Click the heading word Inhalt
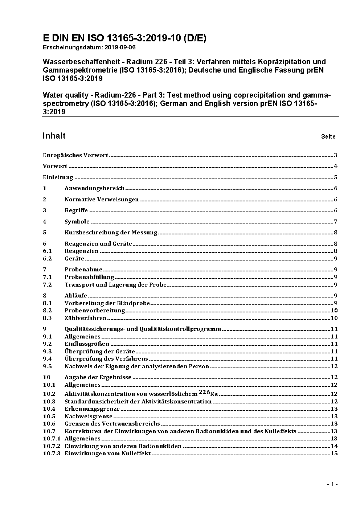tap(54, 136)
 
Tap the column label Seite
tap(328, 137)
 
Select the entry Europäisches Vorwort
tap(75, 155)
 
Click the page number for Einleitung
tap(336, 177)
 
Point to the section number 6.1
tap(47, 251)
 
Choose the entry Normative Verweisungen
tap(102, 200)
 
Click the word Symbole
tap(77, 222)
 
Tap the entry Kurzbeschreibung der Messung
tap(111, 233)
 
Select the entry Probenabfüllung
tap(89, 277)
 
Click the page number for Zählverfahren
tap(334, 318)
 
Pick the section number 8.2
tap(47, 311)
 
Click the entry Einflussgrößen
tap(87, 344)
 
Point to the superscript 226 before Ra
tap(204, 392)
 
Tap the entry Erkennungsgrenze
tap(92, 409)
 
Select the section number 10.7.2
tap(52, 446)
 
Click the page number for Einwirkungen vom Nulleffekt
tap(334, 453)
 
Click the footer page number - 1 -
tap(332, 484)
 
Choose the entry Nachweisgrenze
tap(89, 416)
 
